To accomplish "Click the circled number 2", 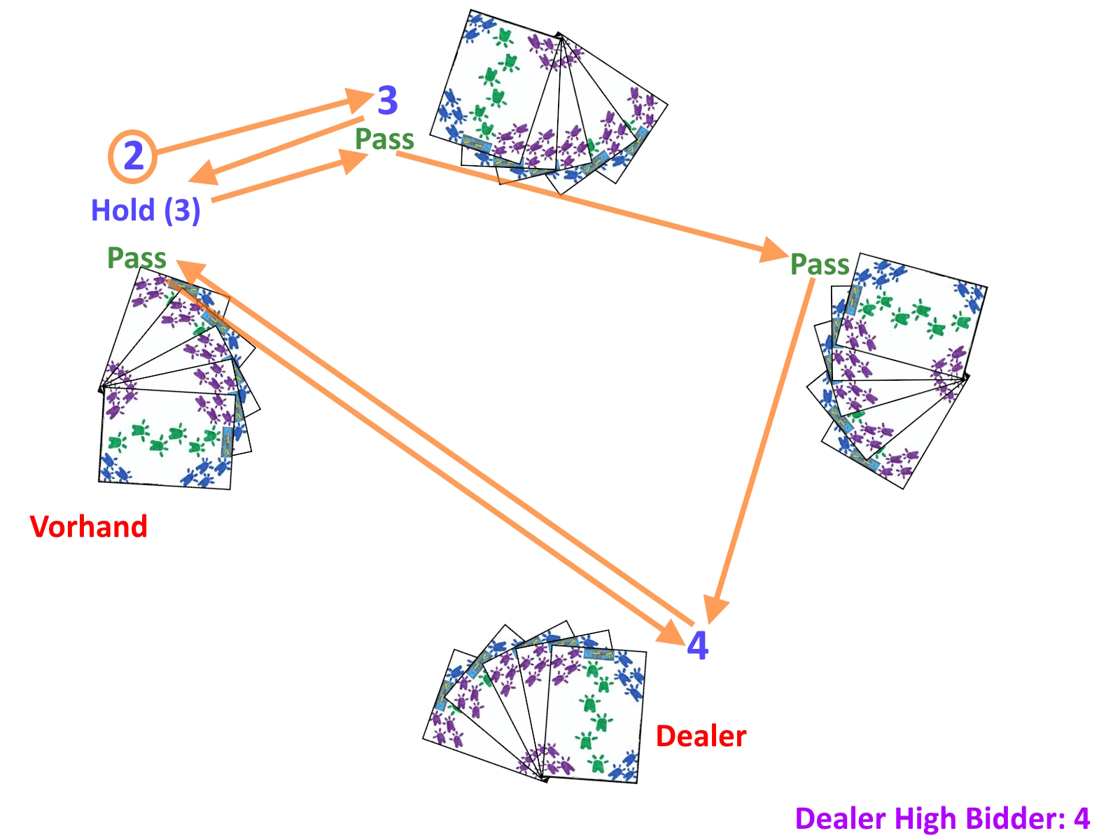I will [132, 156].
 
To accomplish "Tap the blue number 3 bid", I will [387, 101].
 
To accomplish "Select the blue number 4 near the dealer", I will [697, 645].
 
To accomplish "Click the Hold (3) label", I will [146, 210].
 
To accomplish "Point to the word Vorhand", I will [89, 526].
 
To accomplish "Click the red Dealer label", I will [701, 736].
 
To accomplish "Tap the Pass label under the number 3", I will [384, 139].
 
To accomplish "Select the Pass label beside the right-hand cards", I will [820, 265].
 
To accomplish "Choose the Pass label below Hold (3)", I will [136, 258].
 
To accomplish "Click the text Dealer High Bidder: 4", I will [942, 818].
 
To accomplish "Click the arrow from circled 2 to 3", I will [259, 126].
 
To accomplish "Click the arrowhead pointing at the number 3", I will [360, 99].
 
